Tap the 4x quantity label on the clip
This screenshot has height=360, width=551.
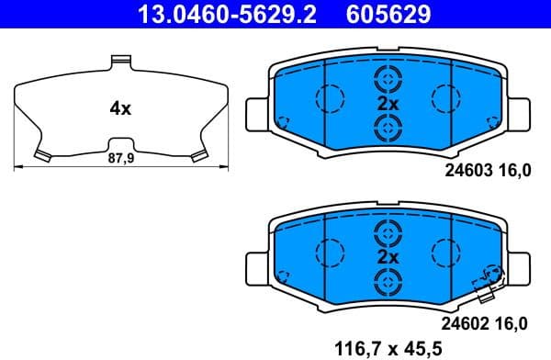click(x=120, y=108)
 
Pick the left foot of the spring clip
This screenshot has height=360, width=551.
click(x=42, y=154)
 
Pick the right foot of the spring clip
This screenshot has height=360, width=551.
click(x=197, y=154)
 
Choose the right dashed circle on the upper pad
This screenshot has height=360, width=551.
click(x=446, y=96)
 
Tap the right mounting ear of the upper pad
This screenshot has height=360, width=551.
click(x=522, y=114)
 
